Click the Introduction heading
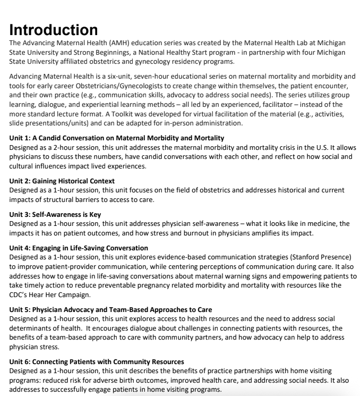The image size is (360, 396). pyautogui.click(x=54, y=30)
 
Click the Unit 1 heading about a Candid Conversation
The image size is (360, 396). pyautogui.click(x=117, y=138)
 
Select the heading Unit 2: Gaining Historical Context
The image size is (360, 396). pyautogui.click(x=62, y=181)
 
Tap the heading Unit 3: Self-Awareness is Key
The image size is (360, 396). pyautogui.click(x=55, y=215)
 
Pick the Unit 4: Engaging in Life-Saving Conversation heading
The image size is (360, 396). pyautogui.click(x=79, y=248)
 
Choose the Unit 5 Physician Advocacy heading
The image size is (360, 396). pyautogui.click(x=110, y=309)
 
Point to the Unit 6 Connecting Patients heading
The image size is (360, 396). pyautogui.click(x=97, y=362)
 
